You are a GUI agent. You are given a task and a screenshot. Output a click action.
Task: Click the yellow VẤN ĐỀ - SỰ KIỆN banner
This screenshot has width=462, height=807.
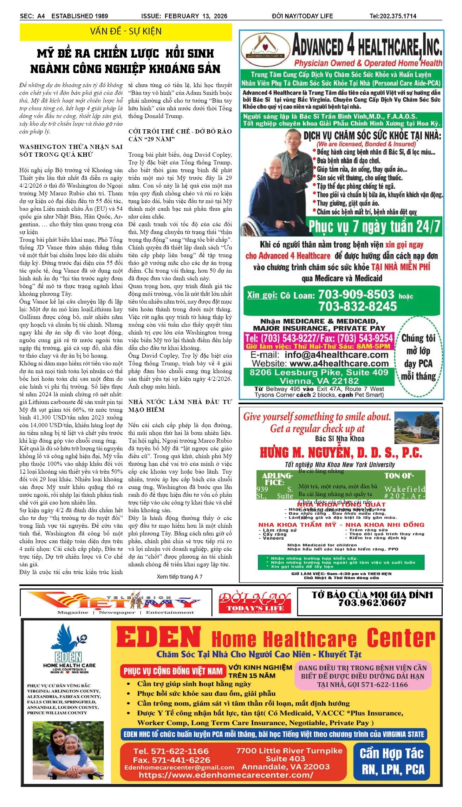[126, 32]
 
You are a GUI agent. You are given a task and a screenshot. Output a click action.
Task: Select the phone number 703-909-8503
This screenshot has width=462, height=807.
[356, 294]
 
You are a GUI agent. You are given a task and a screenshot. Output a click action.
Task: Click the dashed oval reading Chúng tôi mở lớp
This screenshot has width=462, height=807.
[418, 357]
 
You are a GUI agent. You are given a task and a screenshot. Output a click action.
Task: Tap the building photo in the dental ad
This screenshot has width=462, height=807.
[416, 428]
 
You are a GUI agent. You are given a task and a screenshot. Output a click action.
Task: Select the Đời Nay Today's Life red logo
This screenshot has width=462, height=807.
[255, 602]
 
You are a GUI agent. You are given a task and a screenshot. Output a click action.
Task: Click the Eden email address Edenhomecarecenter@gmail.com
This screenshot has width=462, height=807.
[179, 767]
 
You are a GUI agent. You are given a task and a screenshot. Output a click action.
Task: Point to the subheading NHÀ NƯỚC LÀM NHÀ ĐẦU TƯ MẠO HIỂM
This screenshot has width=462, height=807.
[180, 406]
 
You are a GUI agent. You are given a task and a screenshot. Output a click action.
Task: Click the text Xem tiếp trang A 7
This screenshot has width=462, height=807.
[180, 577]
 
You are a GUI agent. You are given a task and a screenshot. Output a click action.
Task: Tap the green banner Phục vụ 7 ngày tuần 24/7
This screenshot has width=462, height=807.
[374, 227]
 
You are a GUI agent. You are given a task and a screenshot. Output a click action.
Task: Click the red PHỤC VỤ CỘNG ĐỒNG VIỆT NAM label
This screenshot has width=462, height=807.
[173, 671]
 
